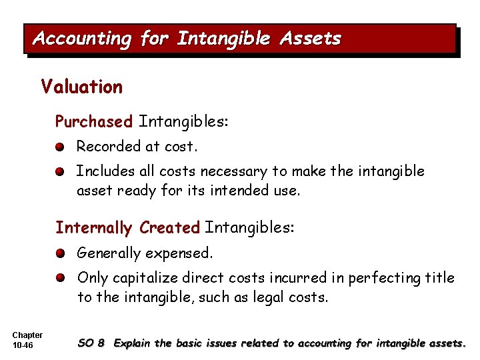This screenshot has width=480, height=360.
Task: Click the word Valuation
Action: click(x=81, y=87)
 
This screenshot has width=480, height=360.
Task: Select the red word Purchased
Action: click(x=94, y=122)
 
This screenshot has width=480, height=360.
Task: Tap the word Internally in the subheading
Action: click(x=94, y=228)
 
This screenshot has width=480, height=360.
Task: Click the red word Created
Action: click(x=170, y=228)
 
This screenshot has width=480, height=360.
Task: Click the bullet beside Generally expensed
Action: click(x=60, y=253)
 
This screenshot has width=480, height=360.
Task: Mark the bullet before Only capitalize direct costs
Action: click(x=60, y=278)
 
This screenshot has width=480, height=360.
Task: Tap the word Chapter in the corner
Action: click(x=27, y=335)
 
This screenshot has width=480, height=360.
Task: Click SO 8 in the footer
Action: click(x=91, y=343)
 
